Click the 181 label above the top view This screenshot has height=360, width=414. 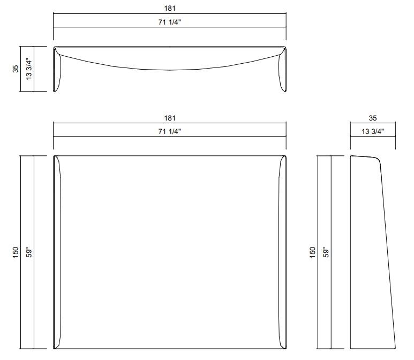[x=169, y=9]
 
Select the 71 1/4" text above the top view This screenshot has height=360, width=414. [x=169, y=21]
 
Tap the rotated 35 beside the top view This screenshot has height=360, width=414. [x=16, y=69]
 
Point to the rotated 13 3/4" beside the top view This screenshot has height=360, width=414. [x=28, y=69]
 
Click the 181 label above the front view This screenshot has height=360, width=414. [x=169, y=118]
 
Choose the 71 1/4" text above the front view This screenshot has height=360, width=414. [x=169, y=131]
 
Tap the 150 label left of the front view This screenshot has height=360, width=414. [x=16, y=252]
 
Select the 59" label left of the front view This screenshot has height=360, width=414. [x=28, y=252]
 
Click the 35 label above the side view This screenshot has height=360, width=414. [x=373, y=118]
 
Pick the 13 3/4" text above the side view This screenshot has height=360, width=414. [x=373, y=131]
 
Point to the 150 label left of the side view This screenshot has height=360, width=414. [x=312, y=252]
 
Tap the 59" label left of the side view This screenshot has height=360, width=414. [x=325, y=252]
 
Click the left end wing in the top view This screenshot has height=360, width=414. [x=57, y=70]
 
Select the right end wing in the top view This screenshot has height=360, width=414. [x=282, y=70]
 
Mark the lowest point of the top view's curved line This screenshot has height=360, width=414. [x=169, y=70]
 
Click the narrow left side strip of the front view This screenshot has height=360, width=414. [x=56, y=252]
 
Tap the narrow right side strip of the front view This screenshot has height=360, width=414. [x=282, y=252]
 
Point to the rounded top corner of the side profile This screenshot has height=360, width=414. [x=377, y=159]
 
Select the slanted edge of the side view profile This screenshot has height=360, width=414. [x=388, y=252]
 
